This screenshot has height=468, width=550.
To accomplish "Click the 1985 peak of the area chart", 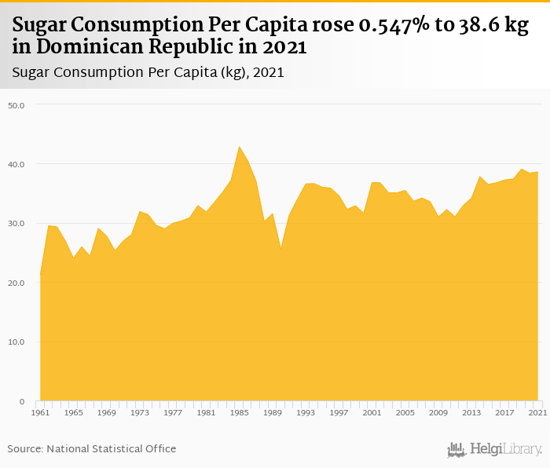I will pyautogui.click(x=239, y=146).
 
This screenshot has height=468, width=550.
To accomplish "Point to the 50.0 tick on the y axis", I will pyautogui.click(x=16, y=104).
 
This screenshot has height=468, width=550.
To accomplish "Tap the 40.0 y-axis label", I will pyautogui.click(x=16, y=164).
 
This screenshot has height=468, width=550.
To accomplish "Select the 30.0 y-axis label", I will pyautogui.click(x=16, y=223).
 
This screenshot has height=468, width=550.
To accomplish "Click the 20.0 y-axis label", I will pyautogui.click(x=16, y=283).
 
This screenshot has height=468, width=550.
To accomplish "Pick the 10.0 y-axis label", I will pyautogui.click(x=16, y=342).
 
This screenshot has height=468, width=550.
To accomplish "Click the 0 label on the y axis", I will pyautogui.click(x=22, y=401).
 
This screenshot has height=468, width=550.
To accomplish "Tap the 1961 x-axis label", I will pyautogui.click(x=40, y=412).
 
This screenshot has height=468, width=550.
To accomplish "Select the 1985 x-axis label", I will pyautogui.click(x=239, y=412).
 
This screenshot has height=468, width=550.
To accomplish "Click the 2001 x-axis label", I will pyautogui.click(x=372, y=412).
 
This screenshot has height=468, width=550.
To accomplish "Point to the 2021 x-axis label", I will pyautogui.click(x=537, y=412).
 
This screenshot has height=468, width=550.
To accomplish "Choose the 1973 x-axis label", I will pyautogui.click(x=139, y=412).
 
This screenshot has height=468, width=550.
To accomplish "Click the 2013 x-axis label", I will pyautogui.click(x=471, y=412).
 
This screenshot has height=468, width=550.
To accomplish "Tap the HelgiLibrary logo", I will pyautogui.click(x=494, y=449).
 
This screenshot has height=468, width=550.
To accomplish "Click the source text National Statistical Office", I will pyautogui.click(x=111, y=448).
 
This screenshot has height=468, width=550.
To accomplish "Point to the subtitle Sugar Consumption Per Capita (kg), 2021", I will pyautogui.click(x=148, y=72).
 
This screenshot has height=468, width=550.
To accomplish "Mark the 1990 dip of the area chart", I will pyautogui.click(x=280, y=249).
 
